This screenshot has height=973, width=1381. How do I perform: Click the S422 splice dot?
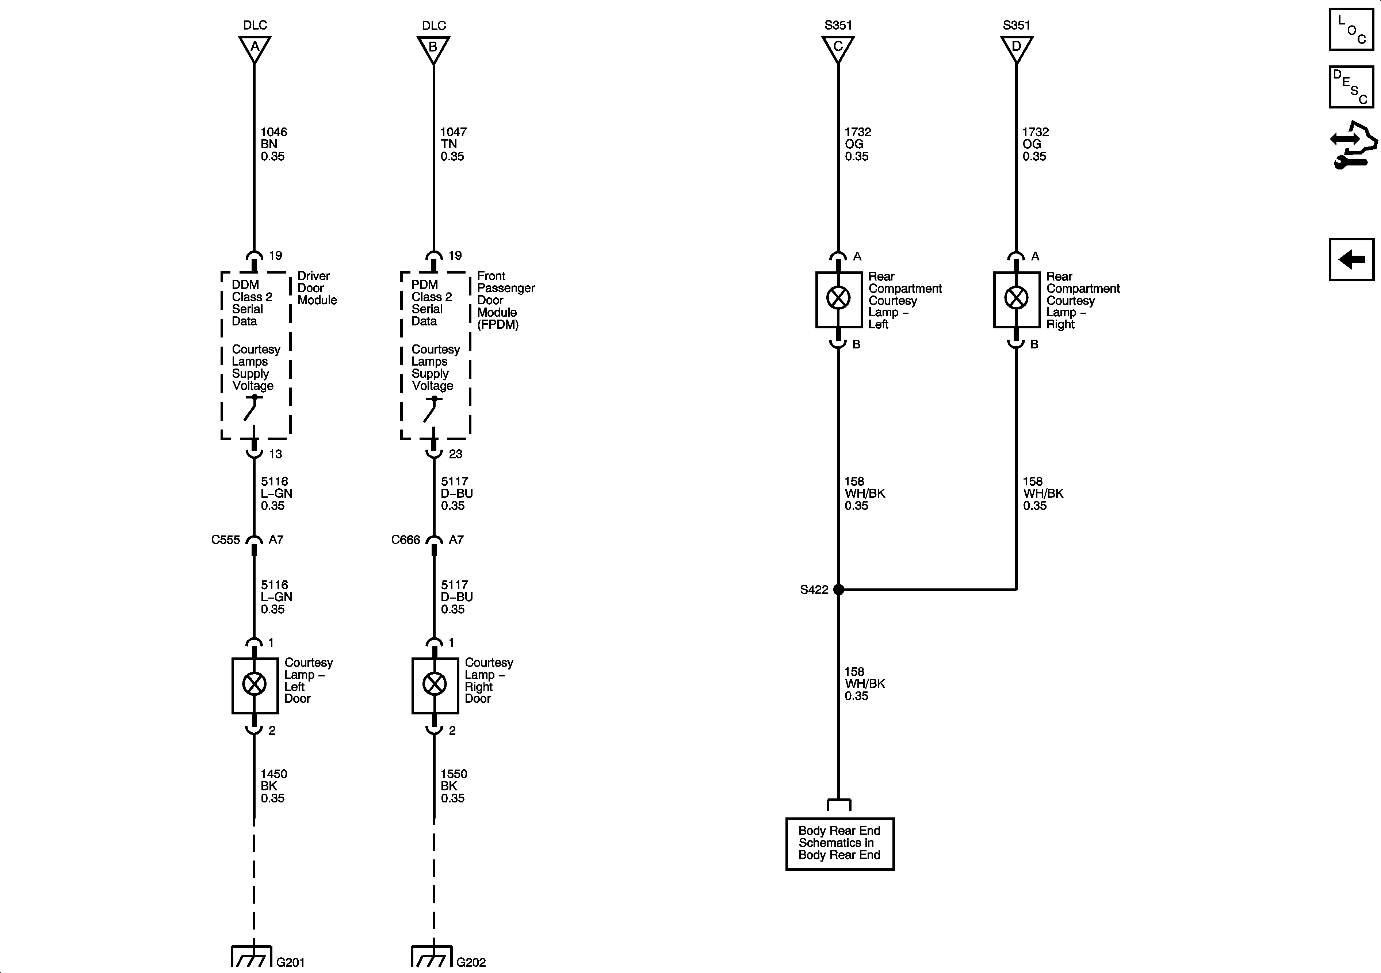[x=838, y=590]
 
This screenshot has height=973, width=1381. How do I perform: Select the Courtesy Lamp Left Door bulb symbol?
[x=255, y=684]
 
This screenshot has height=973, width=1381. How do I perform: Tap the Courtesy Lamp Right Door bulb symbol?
[x=434, y=684]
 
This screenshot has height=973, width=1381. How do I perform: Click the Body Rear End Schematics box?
[x=840, y=843]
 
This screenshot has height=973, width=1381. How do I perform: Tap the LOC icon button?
[x=1351, y=29]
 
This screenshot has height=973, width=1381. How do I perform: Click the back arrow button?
[x=1351, y=260]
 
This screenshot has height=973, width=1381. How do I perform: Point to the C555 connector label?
[x=226, y=540]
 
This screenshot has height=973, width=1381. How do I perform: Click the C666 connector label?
[x=405, y=540]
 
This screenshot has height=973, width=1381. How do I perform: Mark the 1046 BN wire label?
[x=273, y=144]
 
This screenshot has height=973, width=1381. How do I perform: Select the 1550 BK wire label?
[x=453, y=786]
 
